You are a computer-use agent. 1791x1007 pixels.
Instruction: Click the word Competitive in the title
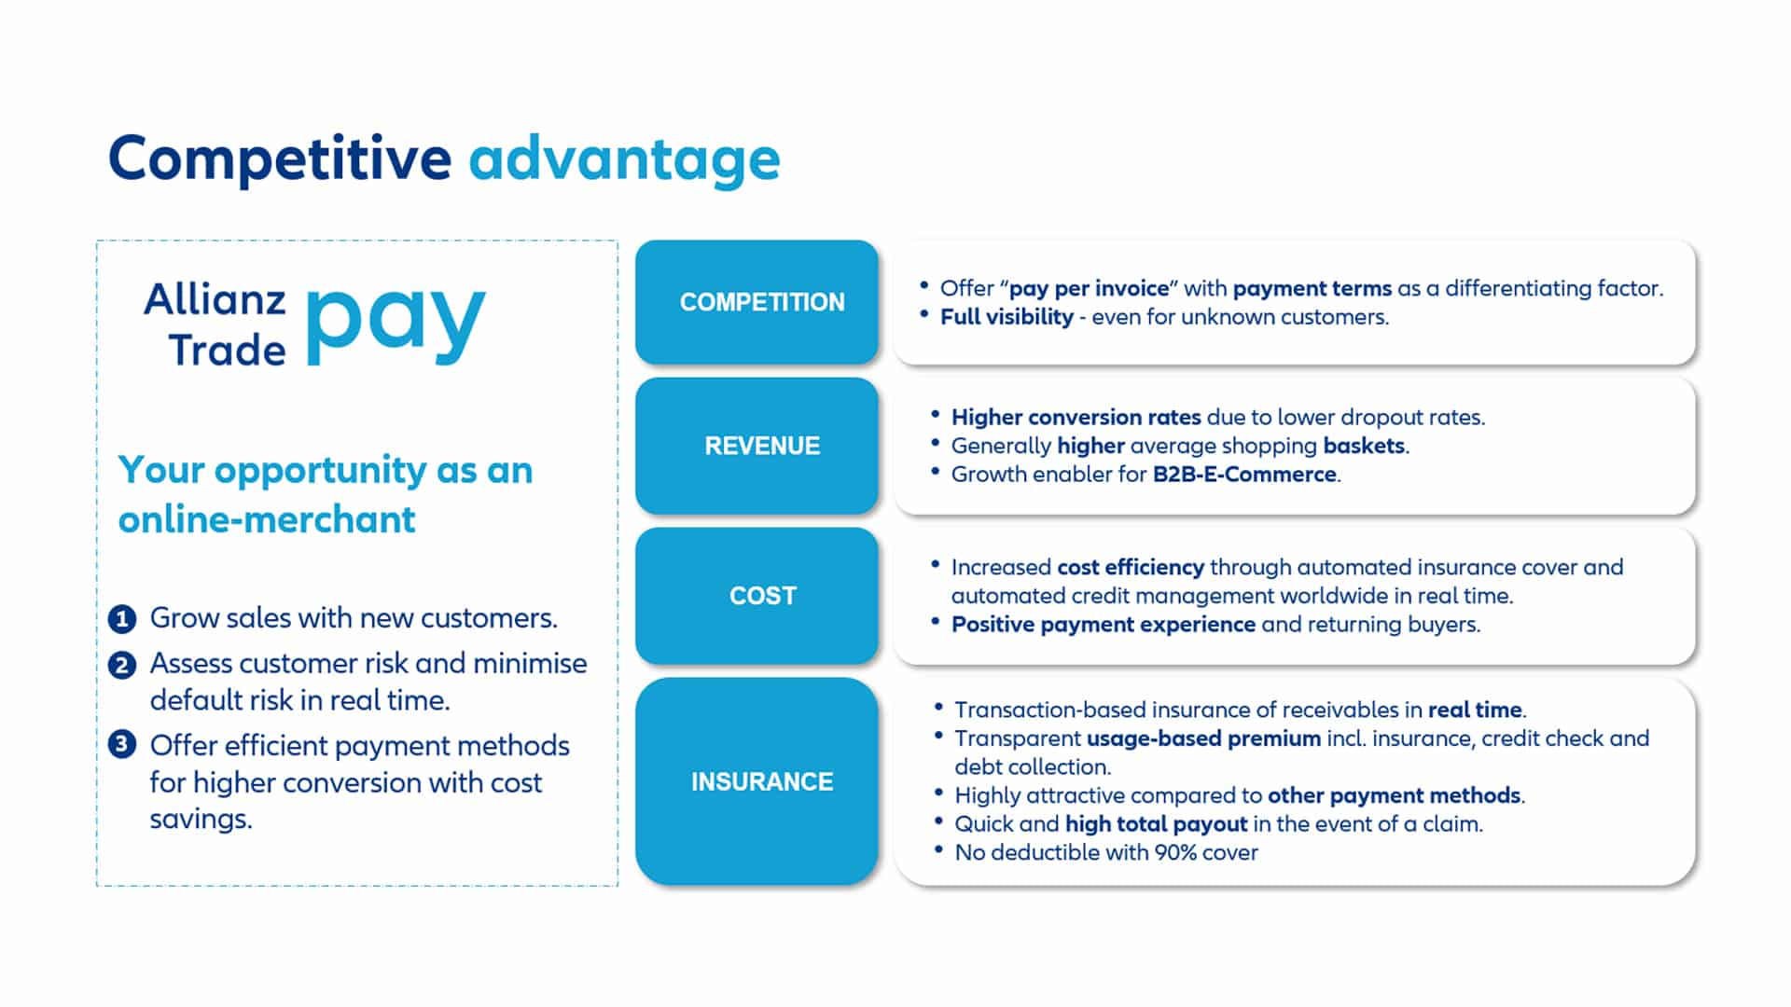point(280,159)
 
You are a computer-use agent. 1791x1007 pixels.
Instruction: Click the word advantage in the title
point(624,160)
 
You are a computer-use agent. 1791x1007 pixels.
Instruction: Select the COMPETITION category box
point(757,302)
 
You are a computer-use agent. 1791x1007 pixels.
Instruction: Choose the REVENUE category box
point(757,446)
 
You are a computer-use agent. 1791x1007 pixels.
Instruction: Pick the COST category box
point(757,596)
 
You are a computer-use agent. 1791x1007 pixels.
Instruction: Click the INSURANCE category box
point(757,781)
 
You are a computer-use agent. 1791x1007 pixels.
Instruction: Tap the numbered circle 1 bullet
point(122,619)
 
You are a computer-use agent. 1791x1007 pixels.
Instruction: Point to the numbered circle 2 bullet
point(122,665)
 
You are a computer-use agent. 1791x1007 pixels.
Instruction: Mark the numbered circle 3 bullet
point(122,745)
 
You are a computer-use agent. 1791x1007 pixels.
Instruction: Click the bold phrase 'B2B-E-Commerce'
point(1244,475)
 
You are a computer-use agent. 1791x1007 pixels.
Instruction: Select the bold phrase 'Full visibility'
point(1007,317)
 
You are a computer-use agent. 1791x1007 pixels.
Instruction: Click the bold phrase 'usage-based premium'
point(1203,738)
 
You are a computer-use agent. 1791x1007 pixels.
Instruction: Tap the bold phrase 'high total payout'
point(1156,824)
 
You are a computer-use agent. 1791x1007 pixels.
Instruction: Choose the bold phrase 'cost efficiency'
point(1131,568)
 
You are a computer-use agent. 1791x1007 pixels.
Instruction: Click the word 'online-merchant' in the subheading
point(267,519)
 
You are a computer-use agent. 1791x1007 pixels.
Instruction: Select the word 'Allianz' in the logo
point(215,300)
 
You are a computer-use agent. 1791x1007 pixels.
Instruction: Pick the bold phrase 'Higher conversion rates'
point(1076,418)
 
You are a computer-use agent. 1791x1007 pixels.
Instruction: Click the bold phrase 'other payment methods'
point(1395,795)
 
